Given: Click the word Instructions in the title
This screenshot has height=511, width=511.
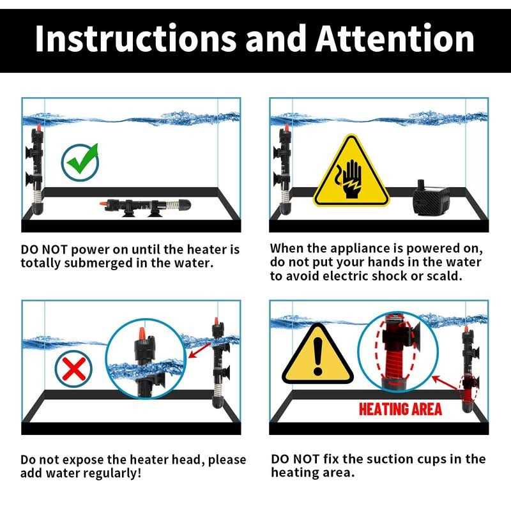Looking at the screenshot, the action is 135,39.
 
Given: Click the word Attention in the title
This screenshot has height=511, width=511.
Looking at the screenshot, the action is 395,39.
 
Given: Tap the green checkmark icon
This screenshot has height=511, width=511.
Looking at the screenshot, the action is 80,162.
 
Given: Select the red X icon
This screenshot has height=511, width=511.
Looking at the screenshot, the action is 73,369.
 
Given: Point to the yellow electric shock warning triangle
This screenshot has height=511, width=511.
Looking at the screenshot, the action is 351,172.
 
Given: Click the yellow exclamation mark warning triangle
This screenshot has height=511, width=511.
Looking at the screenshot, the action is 317,354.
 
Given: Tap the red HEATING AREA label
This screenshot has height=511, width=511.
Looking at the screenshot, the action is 400,409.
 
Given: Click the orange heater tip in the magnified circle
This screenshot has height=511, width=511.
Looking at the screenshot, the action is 142,333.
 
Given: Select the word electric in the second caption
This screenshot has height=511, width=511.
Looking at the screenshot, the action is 345,276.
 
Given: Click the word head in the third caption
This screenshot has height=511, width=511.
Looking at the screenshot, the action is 187,460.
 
